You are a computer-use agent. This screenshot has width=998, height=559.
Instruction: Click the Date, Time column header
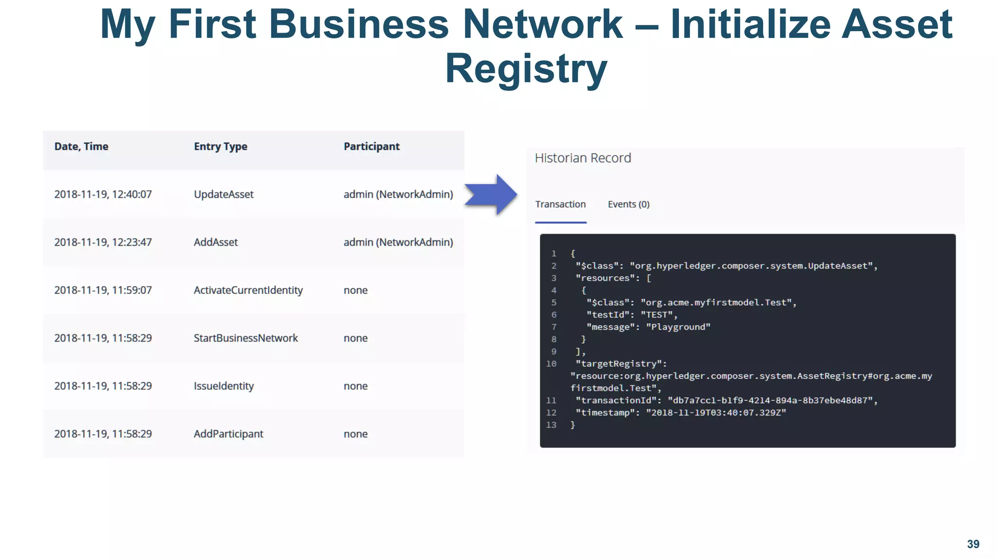click(x=81, y=147)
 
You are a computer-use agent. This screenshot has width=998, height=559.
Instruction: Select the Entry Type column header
click(x=220, y=147)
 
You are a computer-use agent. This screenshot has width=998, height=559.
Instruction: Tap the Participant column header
click(x=371, y=147)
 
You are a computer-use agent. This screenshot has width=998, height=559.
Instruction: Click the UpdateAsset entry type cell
click(x=224, y=194)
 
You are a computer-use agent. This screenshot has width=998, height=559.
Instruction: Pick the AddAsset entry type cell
click(x=216, y=242)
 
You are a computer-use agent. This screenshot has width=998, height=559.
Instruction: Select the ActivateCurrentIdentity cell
click(x=248, y=290)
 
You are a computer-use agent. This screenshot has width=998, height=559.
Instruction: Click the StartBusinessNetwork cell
click(x=246, y=338)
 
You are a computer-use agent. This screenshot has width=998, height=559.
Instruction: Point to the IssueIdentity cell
click(x=224, y=386)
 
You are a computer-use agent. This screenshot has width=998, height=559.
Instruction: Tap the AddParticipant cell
click(x=228, y=434)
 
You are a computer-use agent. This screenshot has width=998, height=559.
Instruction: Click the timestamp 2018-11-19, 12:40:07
click(x=103, y=194)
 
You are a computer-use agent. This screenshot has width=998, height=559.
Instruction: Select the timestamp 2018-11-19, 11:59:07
click(x=103, y=290)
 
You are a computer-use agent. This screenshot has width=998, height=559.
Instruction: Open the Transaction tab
click(x=560, y=205)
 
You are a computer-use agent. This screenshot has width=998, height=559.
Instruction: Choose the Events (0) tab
click(x=629, y=205)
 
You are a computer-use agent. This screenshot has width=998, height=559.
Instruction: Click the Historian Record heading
click(x=583, y=158)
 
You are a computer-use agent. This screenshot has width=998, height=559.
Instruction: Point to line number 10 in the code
click(x=551, y=364)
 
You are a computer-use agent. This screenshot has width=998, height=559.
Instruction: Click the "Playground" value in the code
click(x=678, y=327)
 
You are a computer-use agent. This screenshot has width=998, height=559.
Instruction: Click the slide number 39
click(x=973, y=544)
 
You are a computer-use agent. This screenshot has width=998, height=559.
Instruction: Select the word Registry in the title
click(x=526, y=69)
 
